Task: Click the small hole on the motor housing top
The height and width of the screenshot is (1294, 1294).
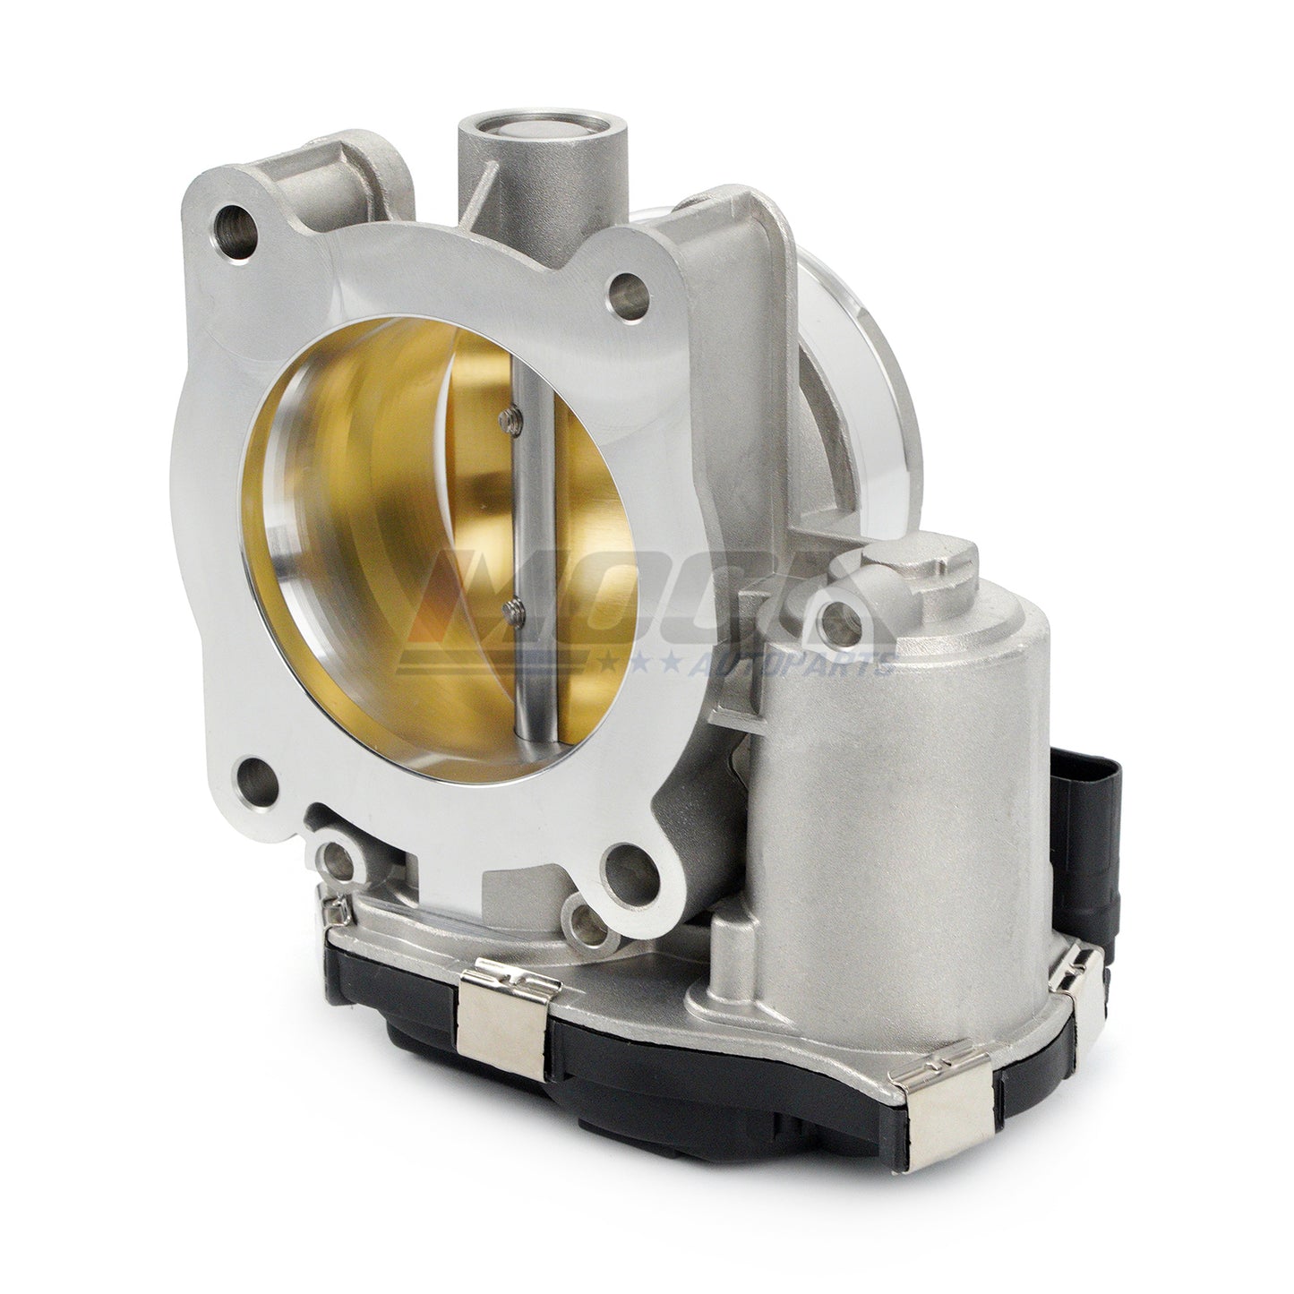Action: click(841, 615)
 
